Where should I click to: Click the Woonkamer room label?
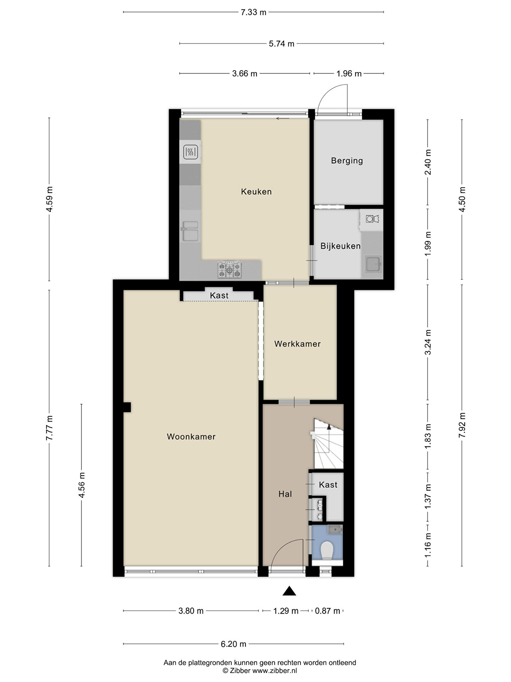191,437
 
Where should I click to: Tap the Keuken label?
256,192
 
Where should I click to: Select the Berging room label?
347,161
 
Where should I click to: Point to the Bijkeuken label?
340,246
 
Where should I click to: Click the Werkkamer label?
297,344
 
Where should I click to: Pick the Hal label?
285,494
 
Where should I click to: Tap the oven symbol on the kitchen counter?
191,152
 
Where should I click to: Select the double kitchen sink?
190,231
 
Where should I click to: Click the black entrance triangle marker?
289,590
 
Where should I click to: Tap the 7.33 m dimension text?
254,12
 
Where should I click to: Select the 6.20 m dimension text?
234,644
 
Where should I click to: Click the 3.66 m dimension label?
245,74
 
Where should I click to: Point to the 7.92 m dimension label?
461,425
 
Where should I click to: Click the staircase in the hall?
329,444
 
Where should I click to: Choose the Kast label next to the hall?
328,485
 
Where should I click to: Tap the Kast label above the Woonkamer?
219,295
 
